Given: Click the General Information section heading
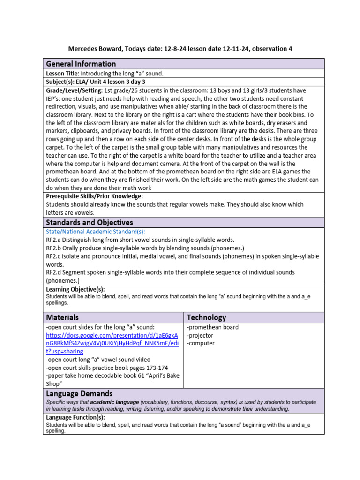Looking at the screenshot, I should click(81, 64).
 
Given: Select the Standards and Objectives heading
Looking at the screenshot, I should click(89, 222).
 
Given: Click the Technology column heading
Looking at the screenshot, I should click(206, 317).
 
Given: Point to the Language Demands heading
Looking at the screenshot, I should click(79, 394).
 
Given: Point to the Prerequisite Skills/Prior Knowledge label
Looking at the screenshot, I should click(94, 196).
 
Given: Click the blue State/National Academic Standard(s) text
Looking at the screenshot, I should click(96, 232).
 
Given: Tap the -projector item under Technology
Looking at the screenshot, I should click(201, 335).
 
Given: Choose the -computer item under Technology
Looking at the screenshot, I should click(201, 343).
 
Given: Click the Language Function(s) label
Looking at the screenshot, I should click(75, 417).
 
